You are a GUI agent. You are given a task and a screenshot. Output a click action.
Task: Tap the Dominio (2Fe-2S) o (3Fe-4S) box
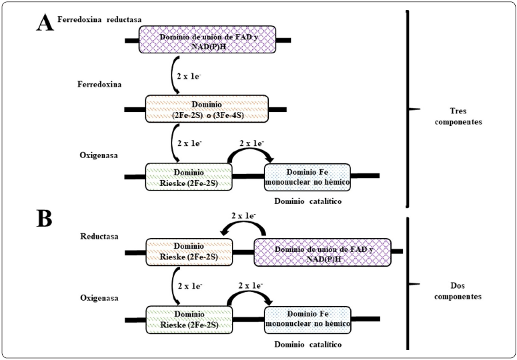coord(207,108)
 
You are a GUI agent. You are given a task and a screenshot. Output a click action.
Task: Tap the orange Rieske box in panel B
coord(187,251)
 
